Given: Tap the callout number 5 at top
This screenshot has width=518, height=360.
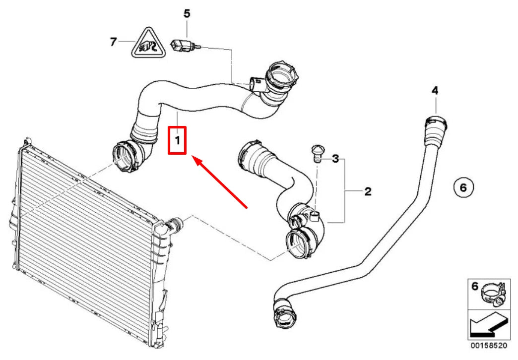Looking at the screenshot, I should point(187,13).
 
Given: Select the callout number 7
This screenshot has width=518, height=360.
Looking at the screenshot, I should point(113,42).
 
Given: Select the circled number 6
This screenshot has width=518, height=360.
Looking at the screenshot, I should point(463,187).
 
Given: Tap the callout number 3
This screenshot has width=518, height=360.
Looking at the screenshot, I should point(336,159).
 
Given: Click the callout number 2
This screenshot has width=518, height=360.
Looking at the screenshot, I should point(368,191).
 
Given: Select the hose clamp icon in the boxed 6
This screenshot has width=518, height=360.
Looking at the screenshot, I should point(492,294).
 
